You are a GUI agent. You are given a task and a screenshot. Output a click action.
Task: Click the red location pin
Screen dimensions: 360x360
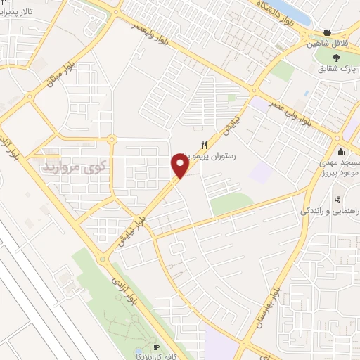pos(180,166)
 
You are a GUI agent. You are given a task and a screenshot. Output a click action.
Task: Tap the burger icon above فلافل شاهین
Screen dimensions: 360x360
pos(328,32)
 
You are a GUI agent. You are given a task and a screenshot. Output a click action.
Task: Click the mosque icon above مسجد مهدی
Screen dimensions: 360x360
pos(341,151)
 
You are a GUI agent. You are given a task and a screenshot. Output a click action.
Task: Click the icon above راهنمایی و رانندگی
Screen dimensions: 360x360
pos(337,199)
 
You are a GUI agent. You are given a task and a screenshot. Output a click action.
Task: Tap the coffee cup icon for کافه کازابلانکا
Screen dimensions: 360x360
pos(156,347)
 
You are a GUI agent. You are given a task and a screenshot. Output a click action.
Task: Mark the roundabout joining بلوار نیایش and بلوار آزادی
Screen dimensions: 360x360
pos(103,258)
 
